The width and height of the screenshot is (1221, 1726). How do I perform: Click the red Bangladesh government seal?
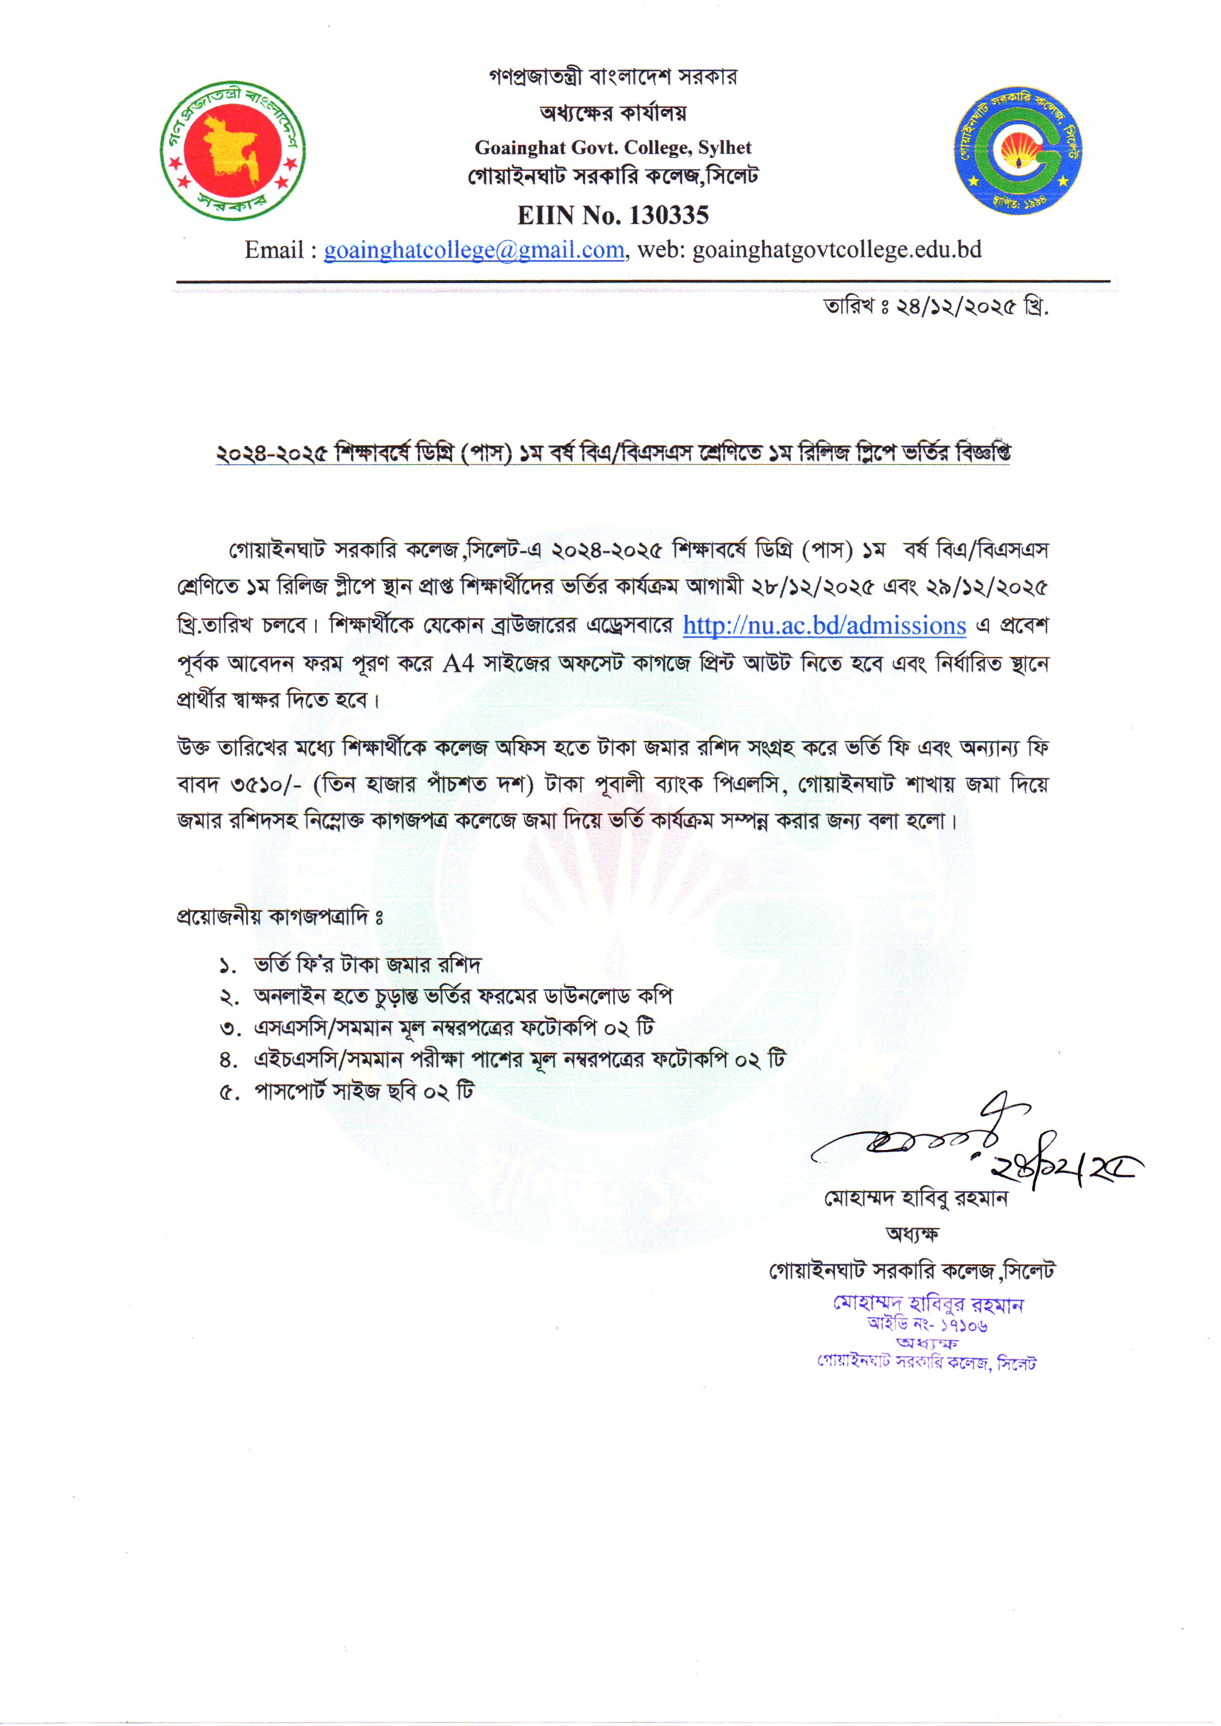pyautogui.click(x=232, y=151)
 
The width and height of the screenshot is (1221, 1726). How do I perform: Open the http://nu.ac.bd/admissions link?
pyautogui.click(x=824, y=626)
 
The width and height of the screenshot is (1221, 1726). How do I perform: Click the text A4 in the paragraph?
pyautogui.click(x=458, y=663)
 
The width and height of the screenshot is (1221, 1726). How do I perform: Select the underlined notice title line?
pyautogui.click(x=613, y=453)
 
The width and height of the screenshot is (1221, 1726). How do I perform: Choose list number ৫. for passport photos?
pyautogui.click(x=228, y=1092)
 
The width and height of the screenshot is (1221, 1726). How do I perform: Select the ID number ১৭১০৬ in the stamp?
pyautogui.click(x=964, y=1326)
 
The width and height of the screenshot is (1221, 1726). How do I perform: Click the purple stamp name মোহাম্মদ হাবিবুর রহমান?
pyautogui.click(x=928, y=1304)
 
